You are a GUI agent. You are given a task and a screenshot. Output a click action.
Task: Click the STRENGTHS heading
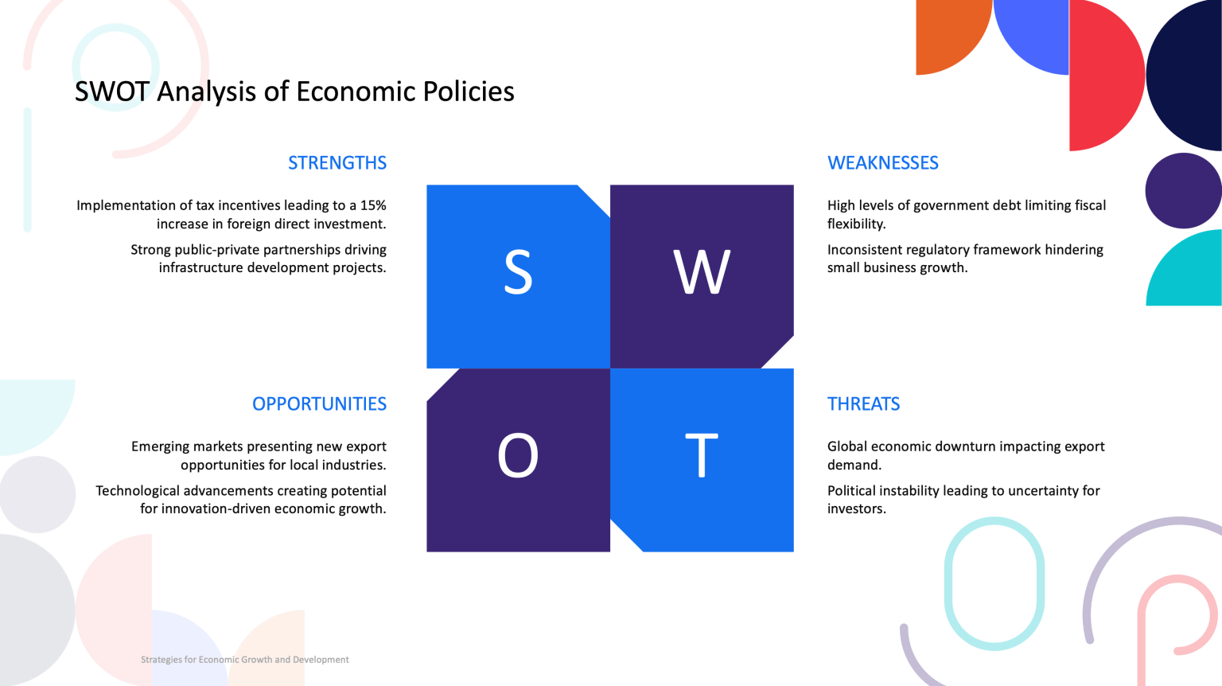(337, 162)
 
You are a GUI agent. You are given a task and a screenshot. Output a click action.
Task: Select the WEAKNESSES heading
(882, 162)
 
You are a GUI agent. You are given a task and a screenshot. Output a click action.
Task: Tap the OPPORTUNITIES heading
(319, 403)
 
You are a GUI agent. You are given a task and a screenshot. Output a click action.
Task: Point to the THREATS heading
(863, 403)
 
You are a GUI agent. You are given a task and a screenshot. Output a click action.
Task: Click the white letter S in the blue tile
(518, 272)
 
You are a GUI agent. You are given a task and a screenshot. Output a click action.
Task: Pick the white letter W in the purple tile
(702, 272)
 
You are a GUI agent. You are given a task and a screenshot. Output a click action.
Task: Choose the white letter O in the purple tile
(518, 455)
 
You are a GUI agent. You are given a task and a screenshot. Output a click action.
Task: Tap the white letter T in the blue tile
(702, 455)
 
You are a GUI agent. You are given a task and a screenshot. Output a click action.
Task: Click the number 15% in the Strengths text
(373, 205)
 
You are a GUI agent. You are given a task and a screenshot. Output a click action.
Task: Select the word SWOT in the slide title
(112, 92)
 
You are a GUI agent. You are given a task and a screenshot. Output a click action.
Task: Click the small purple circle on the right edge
(1183, 190)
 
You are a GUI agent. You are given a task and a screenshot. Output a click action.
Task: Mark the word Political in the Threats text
(852, 490)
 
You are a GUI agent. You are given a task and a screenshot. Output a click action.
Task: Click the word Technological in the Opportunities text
(138, 490)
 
